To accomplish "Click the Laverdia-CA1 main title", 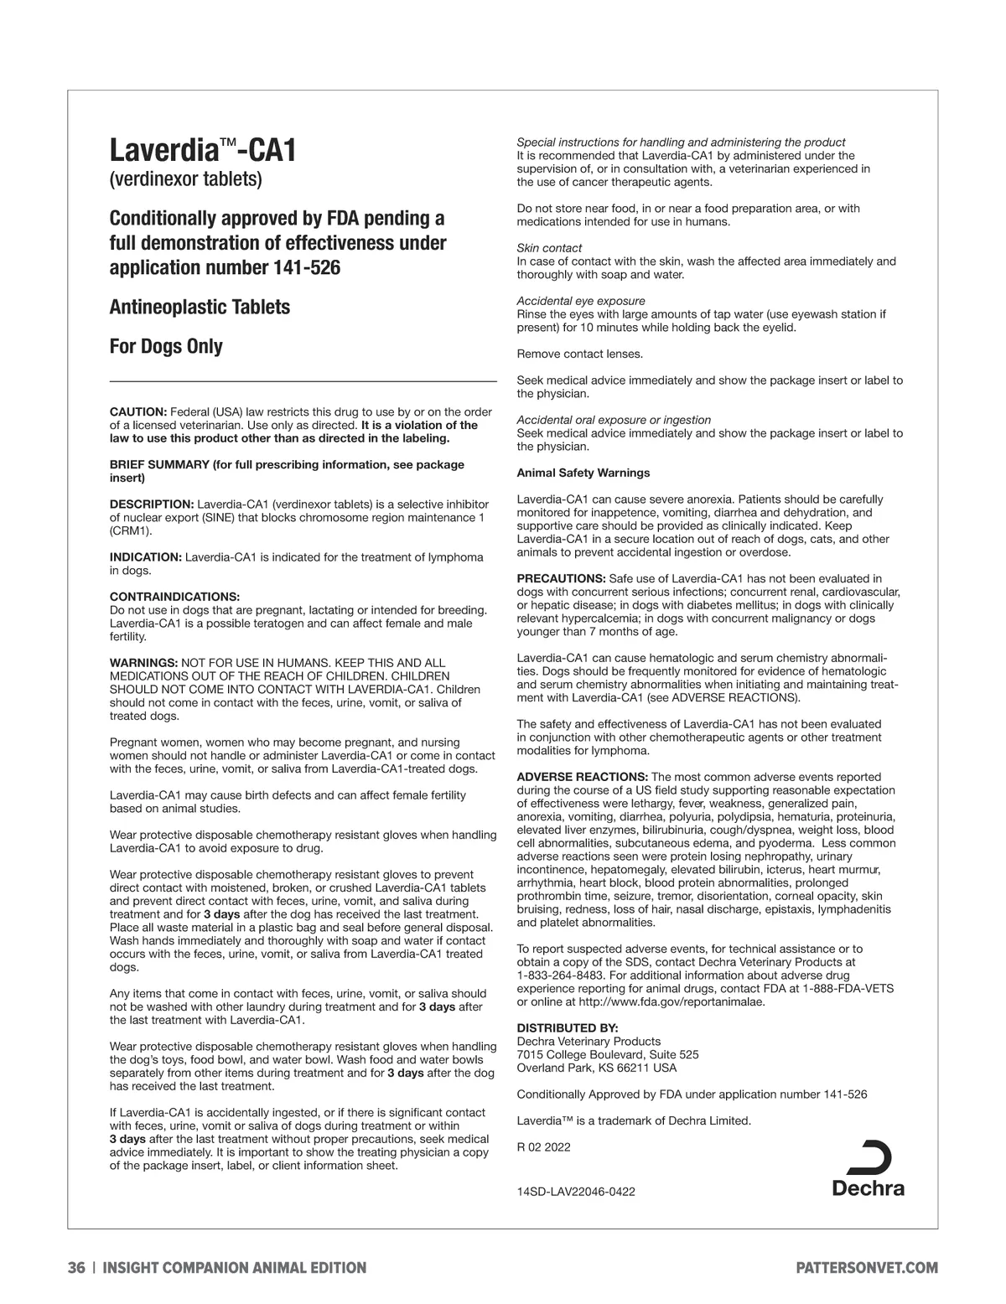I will pyautogui.click(x=203, y=152).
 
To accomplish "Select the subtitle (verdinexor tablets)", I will pyautogui.click(x=185, y=179).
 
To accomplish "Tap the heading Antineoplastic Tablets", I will pyautogui.click(x=200, y=307).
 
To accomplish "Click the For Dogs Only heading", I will pyautogui.click(x=166, y=346).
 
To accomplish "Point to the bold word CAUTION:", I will pyautogui.click(x=138, y=411).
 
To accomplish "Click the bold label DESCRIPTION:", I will pyautogui.click(x=152, y=505).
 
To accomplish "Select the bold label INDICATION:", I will pyautogui.click(x=146, y=557).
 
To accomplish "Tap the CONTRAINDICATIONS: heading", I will pyautogui.click(x=175, y=597).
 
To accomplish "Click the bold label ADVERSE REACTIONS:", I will pyautogui.click(x=582, y=777).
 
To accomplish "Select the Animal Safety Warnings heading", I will pyautogui.click(x=583, y=473).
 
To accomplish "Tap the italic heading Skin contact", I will pyautogui.click(x=549, y=248).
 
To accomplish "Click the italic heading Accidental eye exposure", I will pyautogui.click(x=581, y=301).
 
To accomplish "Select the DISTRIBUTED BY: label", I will pyautogui.click(x=567, y=1028).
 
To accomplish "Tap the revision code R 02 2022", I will pyautogui.click(x=543, y=1147).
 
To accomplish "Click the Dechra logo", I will pyautogui.click(x=869, y=1168).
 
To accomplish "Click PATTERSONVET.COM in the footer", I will pyautogui.click(x=866, y=1268).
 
